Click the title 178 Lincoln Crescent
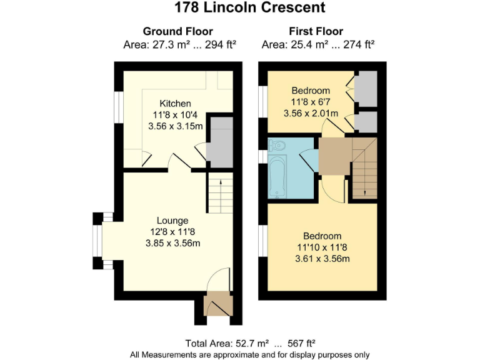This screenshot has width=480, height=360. click(249, 7)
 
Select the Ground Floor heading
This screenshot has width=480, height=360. click(178, 31)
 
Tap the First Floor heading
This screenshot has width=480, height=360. click(316, 31)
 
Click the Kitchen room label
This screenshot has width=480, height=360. click(176, 104)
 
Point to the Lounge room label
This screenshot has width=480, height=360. click(172, 221)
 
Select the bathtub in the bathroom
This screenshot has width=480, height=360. click(277, 177)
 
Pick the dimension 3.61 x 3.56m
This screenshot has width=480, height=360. click(322, 259)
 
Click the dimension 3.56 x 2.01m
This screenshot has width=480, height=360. click(311, 113)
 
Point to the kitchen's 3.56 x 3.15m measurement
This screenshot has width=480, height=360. click(176, 126)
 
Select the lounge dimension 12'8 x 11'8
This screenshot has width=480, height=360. click(172, 232)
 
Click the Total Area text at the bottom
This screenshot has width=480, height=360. click(250, 344)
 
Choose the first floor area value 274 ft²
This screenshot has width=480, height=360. click(359, 45)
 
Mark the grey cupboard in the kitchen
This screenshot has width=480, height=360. click(219, 142)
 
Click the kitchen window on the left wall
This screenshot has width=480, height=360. click(119, 107)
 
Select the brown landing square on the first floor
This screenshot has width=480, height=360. click(335, 156)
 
